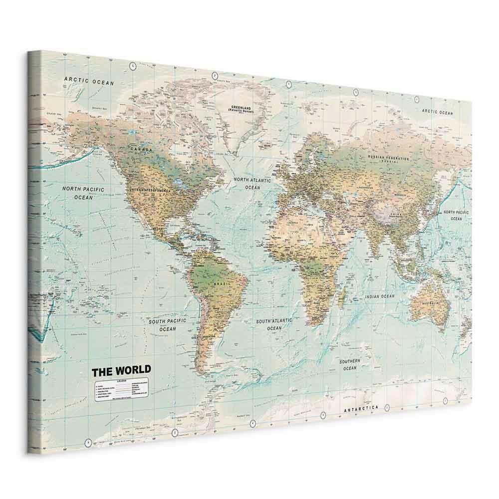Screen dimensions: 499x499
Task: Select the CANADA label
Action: pyautogui.click(x=141, y=149)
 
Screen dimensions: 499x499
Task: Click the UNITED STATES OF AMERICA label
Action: pyautogui.click(x=157, y=191)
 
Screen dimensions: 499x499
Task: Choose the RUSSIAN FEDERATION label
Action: pyautogui.click(x=388, y=159)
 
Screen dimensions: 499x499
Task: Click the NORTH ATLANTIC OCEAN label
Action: pyautogui.click(x=253, y=183)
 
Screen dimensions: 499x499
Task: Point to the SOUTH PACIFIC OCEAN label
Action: pyautogui.click(x=167, y=325)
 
